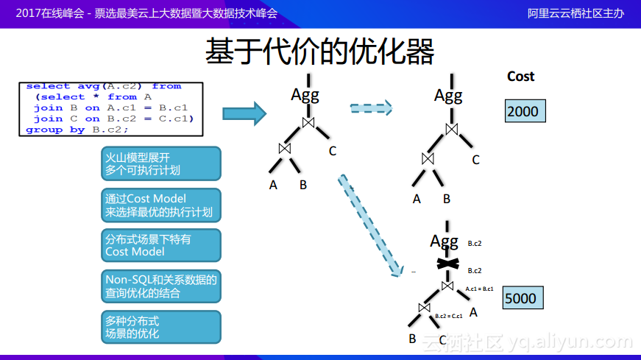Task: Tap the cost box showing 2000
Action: point(523,112)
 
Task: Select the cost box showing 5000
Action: point(521,298)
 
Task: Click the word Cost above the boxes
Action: point(520,77)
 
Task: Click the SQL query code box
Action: point(110,107)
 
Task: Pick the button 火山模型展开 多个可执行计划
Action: point(160,163)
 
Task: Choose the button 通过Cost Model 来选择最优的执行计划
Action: point(160,205)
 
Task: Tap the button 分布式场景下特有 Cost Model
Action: point(160,245)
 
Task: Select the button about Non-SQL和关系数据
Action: point(160,286)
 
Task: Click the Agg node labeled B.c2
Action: point(445,241)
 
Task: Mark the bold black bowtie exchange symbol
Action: point(447,264)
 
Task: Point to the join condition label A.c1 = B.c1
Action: point(479,289)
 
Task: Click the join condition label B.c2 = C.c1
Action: point(448,316)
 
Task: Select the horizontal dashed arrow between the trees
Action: point(371,109)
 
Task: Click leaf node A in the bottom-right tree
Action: point(473,312)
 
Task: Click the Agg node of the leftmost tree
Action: point(305,94)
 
